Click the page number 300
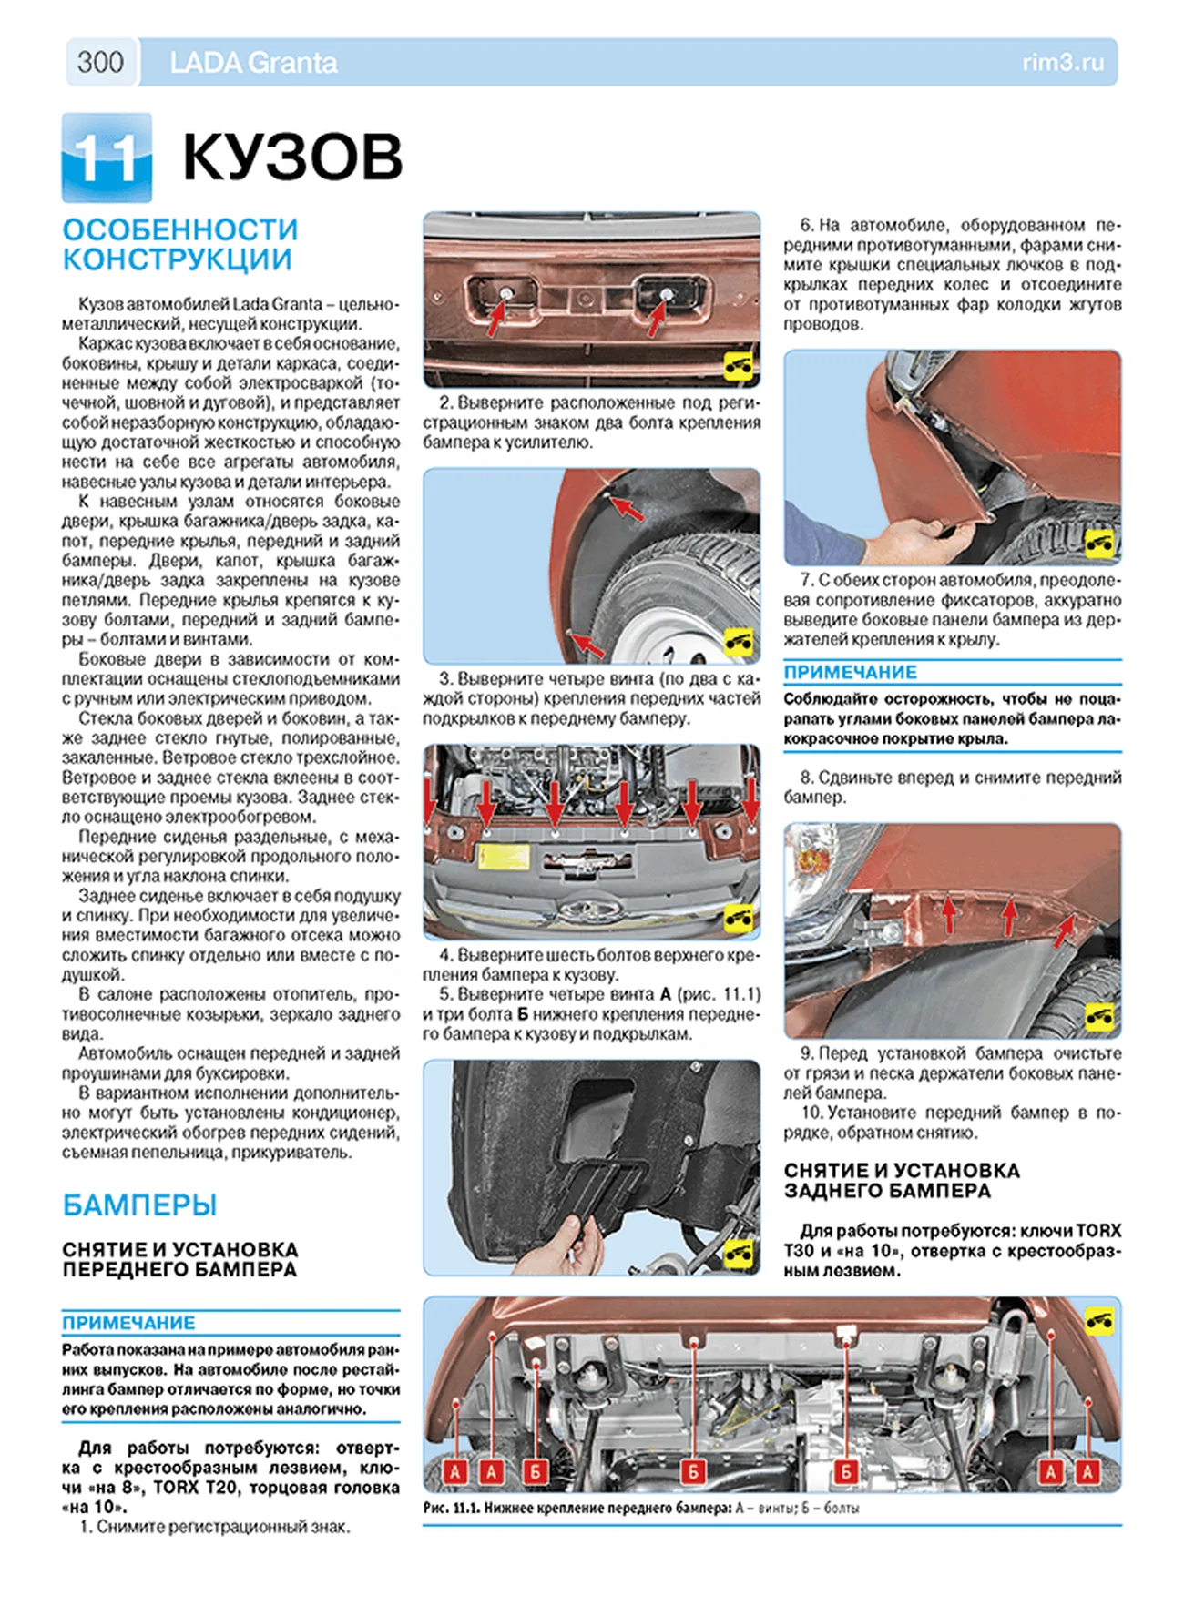coord(100,62)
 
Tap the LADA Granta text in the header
coord(253,63)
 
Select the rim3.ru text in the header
coord(1063,63)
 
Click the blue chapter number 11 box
coord(107,158)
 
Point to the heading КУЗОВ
coord(292,158)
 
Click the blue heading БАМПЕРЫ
coord(139,1204)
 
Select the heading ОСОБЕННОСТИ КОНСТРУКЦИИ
coord(180,244)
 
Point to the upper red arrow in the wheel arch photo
coord(627,508)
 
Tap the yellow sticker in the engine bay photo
coord(505,858)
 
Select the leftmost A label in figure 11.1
coord(455,1471)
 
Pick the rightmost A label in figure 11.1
coord(1087,1471)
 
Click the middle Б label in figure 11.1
coord(693,1471)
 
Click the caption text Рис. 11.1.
coord(451,1509)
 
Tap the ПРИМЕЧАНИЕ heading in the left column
coord(128,1323)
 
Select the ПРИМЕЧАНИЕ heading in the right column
coord(851,672)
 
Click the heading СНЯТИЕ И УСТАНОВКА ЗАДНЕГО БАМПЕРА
coord(901,1180)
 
